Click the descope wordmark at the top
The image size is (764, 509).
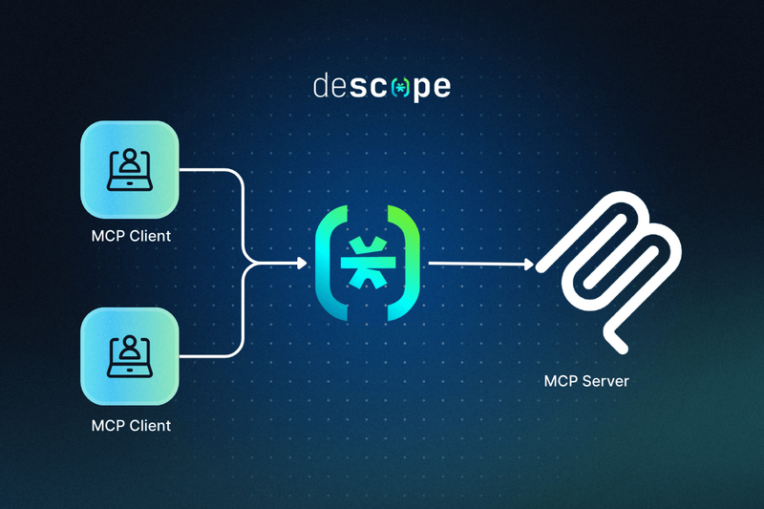coord(382,87)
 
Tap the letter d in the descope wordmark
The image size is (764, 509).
coord(321,87)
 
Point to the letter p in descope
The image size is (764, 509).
coord(417,90)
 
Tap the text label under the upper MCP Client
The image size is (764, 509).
coord(130,235)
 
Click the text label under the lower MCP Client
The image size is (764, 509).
coord(130,424)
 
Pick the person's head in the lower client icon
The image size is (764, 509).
coord(130,346)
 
